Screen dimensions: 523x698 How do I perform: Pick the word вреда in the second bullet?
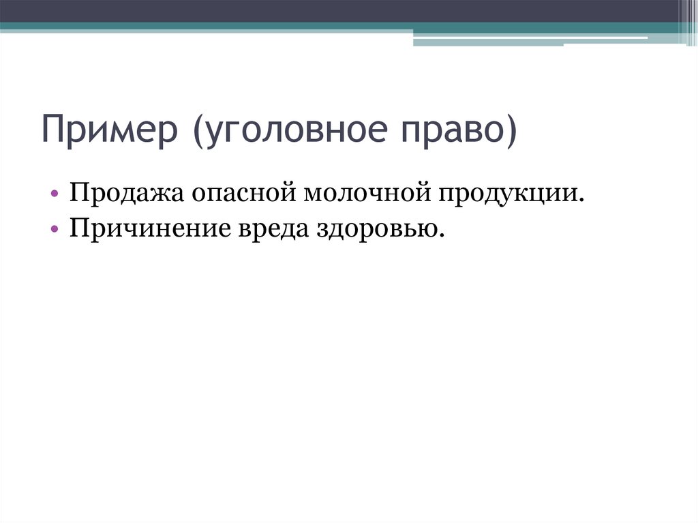271,228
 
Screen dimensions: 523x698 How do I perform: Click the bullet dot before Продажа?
55,194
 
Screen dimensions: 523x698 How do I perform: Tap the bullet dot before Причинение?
55,228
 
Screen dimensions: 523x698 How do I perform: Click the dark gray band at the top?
341,11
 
